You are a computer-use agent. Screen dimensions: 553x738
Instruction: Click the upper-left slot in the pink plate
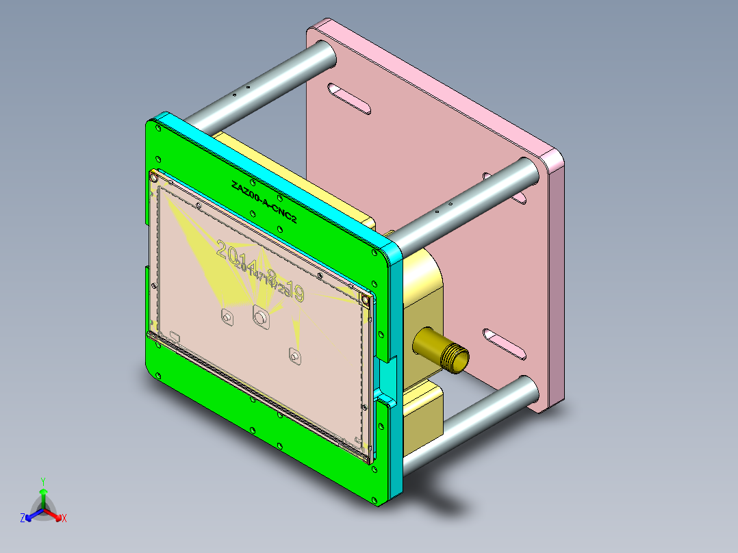349,98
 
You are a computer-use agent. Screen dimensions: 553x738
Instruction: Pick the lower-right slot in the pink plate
505,344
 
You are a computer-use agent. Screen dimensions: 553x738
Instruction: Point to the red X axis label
64,518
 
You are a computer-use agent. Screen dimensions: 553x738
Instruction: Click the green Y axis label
42,481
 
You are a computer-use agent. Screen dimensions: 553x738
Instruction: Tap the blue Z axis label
23,518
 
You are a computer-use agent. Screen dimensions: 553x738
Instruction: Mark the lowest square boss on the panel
295,357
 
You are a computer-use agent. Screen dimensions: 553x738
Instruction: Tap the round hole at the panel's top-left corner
155,178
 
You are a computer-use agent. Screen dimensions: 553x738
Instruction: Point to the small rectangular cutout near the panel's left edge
175,336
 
